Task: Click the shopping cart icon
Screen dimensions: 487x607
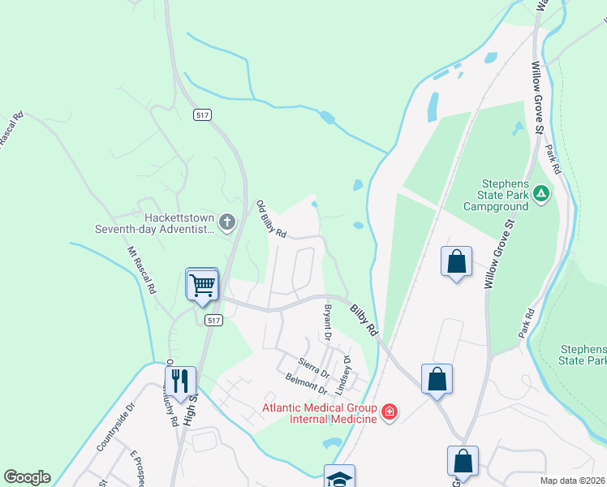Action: click(202, 284)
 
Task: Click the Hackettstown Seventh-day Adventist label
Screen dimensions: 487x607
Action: click(179, 224)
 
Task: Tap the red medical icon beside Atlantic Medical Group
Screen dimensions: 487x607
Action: click(390, 412)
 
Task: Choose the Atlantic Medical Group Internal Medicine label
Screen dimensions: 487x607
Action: click(319, 412)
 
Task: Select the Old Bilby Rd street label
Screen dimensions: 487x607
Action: click(272, 218)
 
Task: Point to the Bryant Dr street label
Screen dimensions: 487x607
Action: click(328, 323)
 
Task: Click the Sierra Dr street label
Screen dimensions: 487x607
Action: click(313, 366)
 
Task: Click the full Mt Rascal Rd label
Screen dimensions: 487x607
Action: click(141, 270)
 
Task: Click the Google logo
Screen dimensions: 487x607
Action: click(27, 477)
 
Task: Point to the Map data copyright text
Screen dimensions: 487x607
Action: click(573, 481)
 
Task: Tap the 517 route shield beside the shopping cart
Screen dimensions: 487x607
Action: click(213, 321)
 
